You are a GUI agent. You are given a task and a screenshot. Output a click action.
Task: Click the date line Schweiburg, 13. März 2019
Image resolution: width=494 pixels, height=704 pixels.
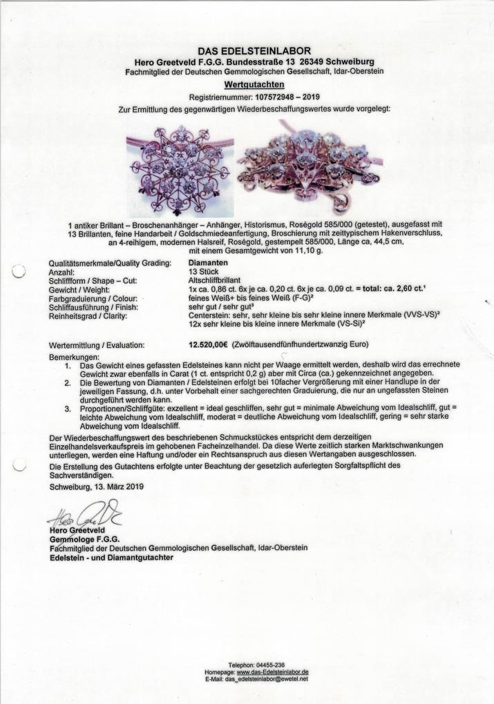(x=98, y=487)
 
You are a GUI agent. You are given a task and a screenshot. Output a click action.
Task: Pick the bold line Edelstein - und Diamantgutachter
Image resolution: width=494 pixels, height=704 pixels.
(x=112, y=557)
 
